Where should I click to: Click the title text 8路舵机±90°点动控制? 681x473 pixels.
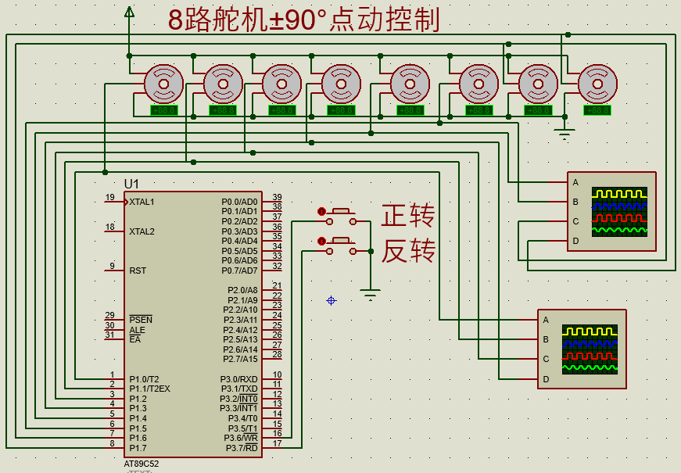point(304,20)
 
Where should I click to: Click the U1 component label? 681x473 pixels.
point(131,183)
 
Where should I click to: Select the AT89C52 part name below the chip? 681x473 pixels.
point(141,464)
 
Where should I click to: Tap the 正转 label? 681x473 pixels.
point(407,215)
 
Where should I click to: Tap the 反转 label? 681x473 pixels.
point(407,252)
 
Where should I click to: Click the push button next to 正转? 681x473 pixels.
point(342,213)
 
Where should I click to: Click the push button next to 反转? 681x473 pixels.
point(342,242)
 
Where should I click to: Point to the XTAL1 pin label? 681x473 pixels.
point(142,202)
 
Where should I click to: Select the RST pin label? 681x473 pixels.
point(138,271)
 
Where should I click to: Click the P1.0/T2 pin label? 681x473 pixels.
point(144,378)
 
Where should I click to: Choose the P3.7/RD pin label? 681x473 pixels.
point(242,448)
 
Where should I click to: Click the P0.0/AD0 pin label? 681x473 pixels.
point(239,202)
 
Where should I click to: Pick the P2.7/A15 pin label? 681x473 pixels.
point(239,359)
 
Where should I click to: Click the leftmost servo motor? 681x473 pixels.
point(163,83)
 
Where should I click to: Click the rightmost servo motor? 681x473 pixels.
point(597,83)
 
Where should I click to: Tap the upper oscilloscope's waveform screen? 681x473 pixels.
point(619,212)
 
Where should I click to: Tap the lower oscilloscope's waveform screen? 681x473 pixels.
point(590,349)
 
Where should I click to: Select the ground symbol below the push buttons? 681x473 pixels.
point(370,295)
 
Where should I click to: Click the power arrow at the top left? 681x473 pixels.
point(129,11)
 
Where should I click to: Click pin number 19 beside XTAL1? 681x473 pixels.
point(110,197)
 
